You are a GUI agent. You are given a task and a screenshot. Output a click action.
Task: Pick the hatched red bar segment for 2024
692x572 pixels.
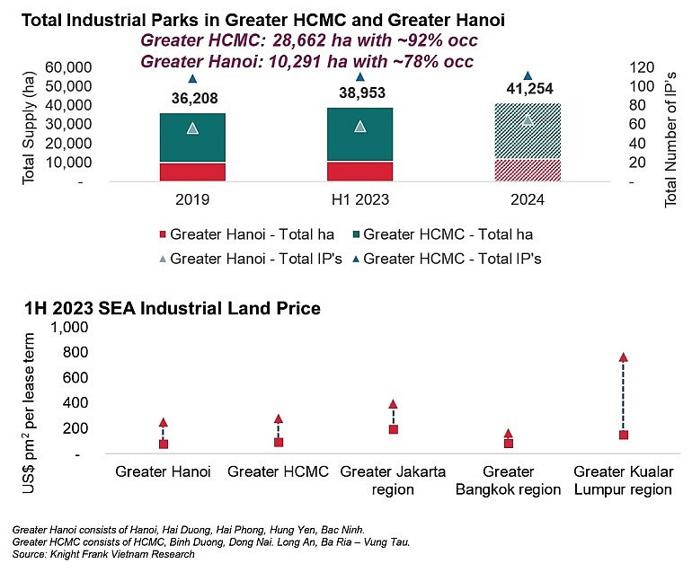(528, 171)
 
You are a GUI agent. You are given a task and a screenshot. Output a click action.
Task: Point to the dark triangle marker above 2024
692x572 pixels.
(528, 75)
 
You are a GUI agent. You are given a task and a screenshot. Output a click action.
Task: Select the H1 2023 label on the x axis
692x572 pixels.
(359, 200)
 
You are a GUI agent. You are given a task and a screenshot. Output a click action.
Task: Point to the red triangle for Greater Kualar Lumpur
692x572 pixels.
(623, 357)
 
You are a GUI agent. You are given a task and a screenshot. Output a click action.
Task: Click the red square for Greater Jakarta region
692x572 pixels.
(393, 429)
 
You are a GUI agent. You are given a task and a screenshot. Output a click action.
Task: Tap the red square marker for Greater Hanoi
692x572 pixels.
(164, 444)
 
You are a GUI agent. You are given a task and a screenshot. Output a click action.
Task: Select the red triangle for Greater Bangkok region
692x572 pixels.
(508, 434)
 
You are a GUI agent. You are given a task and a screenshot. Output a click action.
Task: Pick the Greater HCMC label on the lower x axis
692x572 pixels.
(278, 471)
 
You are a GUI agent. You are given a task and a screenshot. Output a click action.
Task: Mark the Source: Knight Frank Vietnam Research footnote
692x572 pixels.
(103, 554)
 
